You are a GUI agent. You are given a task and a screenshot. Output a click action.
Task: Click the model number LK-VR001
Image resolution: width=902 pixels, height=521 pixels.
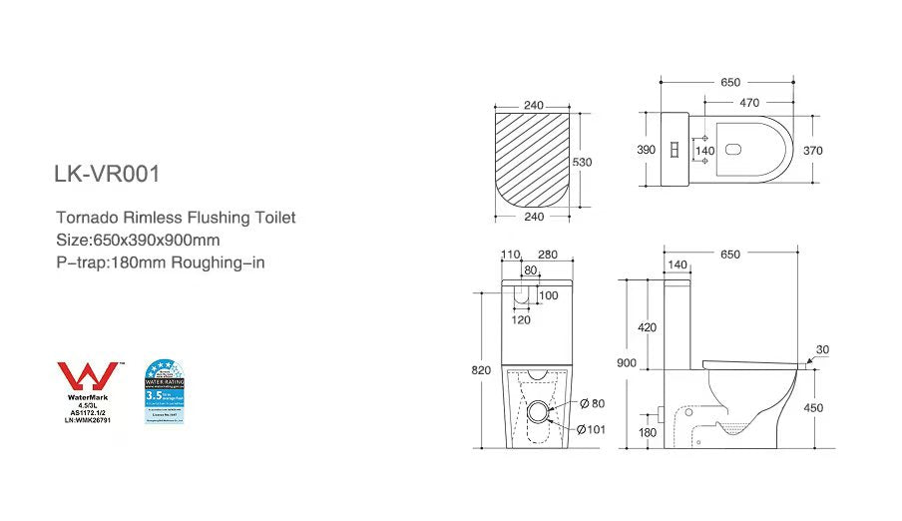tap(107, 174)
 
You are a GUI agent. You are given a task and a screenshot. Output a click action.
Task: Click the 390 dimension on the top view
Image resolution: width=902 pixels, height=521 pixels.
tap(646, 150)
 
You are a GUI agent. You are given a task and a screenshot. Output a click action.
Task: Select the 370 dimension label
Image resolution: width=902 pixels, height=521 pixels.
tap(840, 150)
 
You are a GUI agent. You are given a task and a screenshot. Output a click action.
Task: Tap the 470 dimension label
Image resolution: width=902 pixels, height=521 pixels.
tap(749, 102)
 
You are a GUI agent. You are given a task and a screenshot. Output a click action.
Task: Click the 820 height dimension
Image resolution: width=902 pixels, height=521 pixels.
tap(481, 369)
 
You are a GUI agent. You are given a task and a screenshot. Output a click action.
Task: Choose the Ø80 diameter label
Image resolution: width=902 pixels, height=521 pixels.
tap(591, 404)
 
